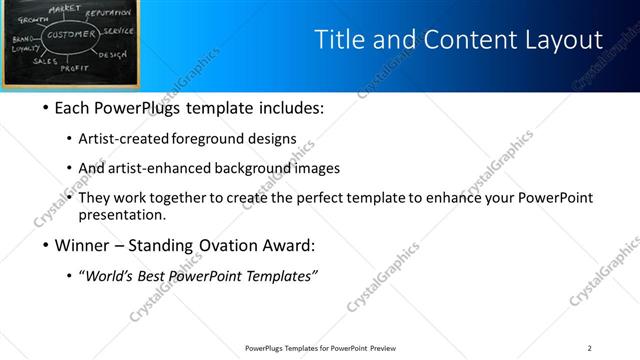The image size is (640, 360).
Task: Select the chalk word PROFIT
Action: tap(75, 68)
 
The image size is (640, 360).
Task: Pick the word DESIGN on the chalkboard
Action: tap(113, 55)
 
